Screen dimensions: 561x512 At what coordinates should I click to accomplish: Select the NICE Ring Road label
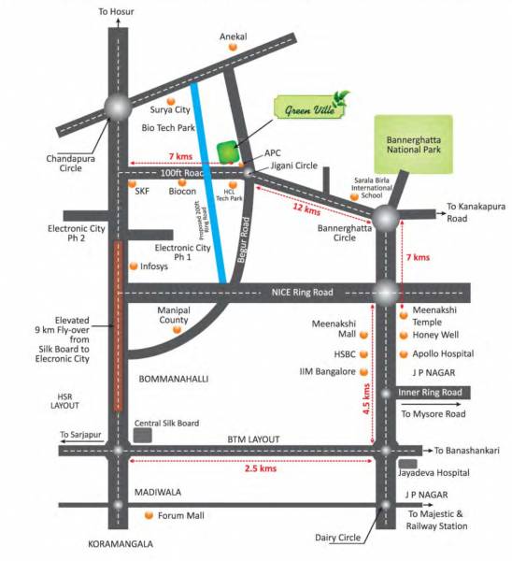tap(304, 293)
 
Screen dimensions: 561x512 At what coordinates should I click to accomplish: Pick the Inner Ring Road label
tap(431, 393)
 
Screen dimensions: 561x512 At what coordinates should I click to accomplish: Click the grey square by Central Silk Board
tap(143, 434)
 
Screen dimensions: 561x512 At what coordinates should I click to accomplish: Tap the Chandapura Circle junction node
tap(118, 108)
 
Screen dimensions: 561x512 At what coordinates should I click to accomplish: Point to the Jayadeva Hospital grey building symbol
tap(407, 464)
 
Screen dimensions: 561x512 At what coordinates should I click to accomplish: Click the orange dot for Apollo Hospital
tap(405, 354)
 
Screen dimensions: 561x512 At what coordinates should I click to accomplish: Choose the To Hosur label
tap(117, 11)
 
